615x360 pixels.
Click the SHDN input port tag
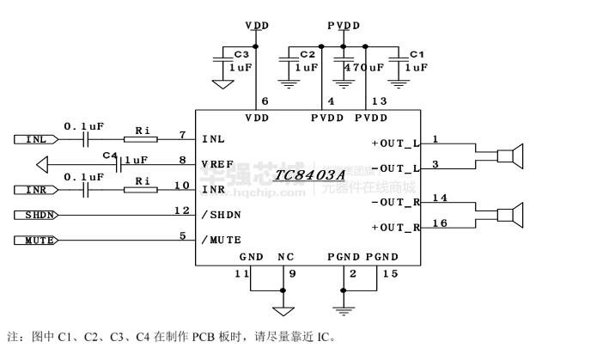tap(36, 214)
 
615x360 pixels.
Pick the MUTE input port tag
tap(36, 240)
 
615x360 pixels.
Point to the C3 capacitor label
tap(241, 53)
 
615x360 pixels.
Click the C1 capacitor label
tap(417, 53)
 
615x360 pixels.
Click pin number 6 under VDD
tap(253, 101)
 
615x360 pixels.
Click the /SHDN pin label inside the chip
tap(221, 214)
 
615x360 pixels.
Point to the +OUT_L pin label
tap(395, 142)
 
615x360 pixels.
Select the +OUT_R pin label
tap(395, 228)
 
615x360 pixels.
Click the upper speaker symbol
tap(512, 155)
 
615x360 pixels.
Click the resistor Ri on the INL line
tap(143, 138)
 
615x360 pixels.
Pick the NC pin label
tap(286, 256)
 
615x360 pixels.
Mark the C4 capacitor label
tap(109, 156)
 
